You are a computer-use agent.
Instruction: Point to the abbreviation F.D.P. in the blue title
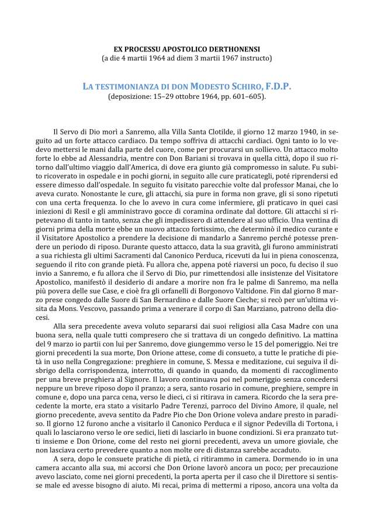(274, 87)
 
